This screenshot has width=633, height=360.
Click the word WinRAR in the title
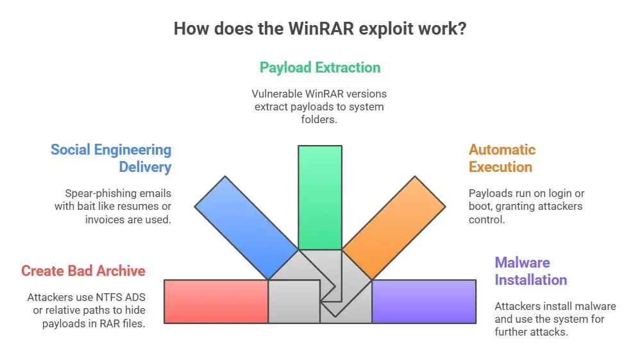[321, 29]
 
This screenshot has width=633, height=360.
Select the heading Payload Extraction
[320, 67]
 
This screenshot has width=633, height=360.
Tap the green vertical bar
[320, 197]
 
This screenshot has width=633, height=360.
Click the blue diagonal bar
[246, 227]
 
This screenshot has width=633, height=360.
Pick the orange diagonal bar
[394, 227]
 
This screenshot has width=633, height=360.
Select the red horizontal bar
[216, 302]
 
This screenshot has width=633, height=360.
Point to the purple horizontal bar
[424, 302]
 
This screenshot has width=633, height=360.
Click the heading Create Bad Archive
[83, 271]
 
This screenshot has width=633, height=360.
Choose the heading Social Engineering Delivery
[111, 158]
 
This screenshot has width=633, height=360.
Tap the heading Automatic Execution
[502, 158]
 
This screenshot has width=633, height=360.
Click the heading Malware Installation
[531, 271]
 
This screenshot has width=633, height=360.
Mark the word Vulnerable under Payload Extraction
[277, 94]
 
